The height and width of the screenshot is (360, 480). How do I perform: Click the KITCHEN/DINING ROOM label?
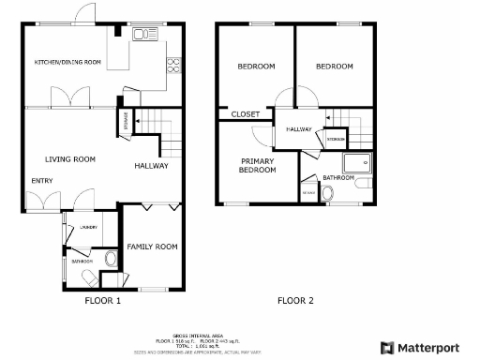[x=67, y=62]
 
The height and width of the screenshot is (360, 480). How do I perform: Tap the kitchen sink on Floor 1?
[x=143, y=36]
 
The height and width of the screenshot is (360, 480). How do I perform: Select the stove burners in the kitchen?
[x=172, y=65]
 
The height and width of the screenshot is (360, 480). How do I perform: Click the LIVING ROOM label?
[x=71, y=159]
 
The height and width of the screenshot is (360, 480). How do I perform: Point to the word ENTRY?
[x=42, y=181]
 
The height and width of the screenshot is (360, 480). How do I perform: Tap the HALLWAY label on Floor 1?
[x=151, y=166]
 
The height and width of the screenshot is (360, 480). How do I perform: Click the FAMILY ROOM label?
[x=152, y=247]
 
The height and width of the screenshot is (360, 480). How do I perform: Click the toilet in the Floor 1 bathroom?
[x=111, y=258]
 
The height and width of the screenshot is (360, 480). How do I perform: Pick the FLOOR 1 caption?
[x=103, y=301]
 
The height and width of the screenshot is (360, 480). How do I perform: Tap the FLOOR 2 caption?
[x=295, y=301]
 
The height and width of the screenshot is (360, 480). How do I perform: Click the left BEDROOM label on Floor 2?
[x=255, y=67]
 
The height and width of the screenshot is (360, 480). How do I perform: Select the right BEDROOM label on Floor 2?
[x=334, y=67]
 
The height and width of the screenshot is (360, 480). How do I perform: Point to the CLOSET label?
[x=245, y=114]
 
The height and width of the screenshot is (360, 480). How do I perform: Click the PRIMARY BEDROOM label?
[x=257, y=165]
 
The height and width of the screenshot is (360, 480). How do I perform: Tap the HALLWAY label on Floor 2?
[x=299, y=129]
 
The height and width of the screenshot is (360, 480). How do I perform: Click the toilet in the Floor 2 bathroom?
[x=327, y=192]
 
